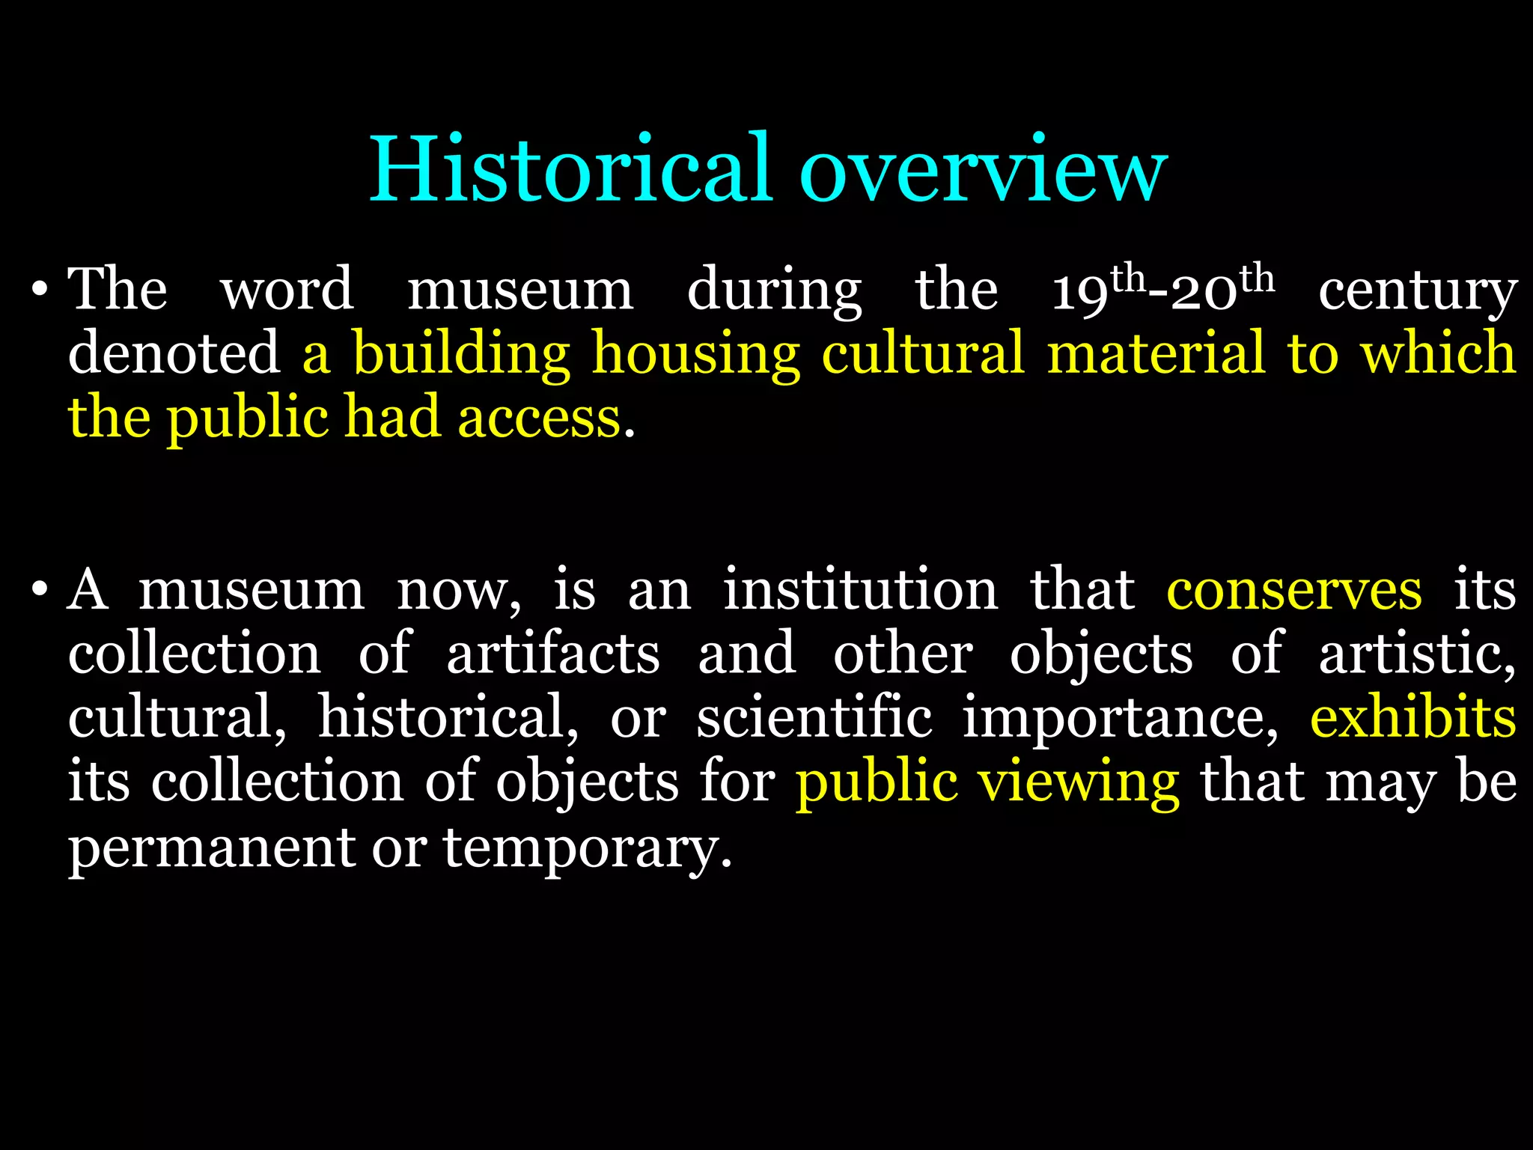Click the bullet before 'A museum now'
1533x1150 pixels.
click(x=40, y=591)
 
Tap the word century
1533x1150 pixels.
click(x=1418, y=292)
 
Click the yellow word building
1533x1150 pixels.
click(x=461, y=353)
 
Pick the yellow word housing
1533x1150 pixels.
click(x=696, y=353)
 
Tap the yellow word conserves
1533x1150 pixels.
click(x=1294, y=591)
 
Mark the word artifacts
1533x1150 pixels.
click(x=553, y=654)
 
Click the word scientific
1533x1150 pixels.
click(x=814, y=717)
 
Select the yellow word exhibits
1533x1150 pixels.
click(x=1413, y=717)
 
